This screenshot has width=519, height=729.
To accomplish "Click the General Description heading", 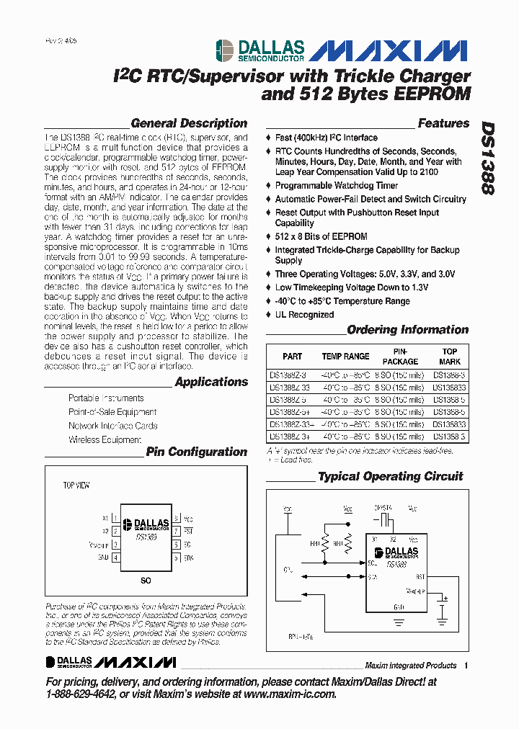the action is tap(189, 123).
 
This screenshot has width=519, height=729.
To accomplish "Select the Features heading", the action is tap(443, 123).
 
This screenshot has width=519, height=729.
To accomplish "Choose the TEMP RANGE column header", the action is tap(345, 357).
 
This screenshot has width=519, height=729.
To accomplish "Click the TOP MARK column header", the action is tap(450, 356).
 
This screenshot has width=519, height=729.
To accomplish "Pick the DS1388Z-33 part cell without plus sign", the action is tap(288, 386).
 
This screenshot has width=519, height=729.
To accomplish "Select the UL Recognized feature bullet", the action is tap(304, 315).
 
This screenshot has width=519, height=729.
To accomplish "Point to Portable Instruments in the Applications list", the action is tap(106, 398).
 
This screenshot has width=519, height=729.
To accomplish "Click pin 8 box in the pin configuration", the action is tap(177, 519).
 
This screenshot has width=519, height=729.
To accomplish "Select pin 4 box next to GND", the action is tap(115, 557).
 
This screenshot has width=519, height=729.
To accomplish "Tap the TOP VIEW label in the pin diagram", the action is tap(76, 486).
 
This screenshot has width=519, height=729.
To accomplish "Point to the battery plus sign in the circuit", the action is tap(445, 598).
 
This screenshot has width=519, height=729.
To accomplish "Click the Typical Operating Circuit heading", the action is tap(390, 476).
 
